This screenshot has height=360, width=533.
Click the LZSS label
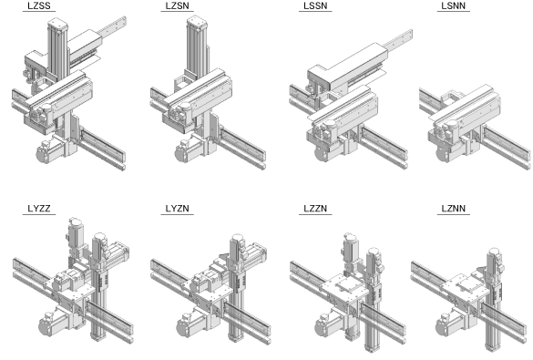coord(39,5)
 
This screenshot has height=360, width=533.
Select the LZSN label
coord(177,5)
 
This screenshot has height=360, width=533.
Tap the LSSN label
coord(315,5)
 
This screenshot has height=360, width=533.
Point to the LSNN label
coord(454,5)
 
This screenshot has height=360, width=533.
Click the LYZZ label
coord(39,209)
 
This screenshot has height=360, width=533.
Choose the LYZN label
coord(177,209)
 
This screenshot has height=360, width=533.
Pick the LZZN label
coord(315,209)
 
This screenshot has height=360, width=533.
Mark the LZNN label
coord(454,209)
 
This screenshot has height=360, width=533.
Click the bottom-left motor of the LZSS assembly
coord(50,150)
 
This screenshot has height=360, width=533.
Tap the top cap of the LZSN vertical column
coord(197,21)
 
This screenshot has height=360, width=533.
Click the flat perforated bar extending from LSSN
coord(398,39)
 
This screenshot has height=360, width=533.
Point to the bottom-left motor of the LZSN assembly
coord(189,151)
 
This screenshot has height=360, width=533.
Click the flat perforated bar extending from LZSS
coord(112,26)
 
